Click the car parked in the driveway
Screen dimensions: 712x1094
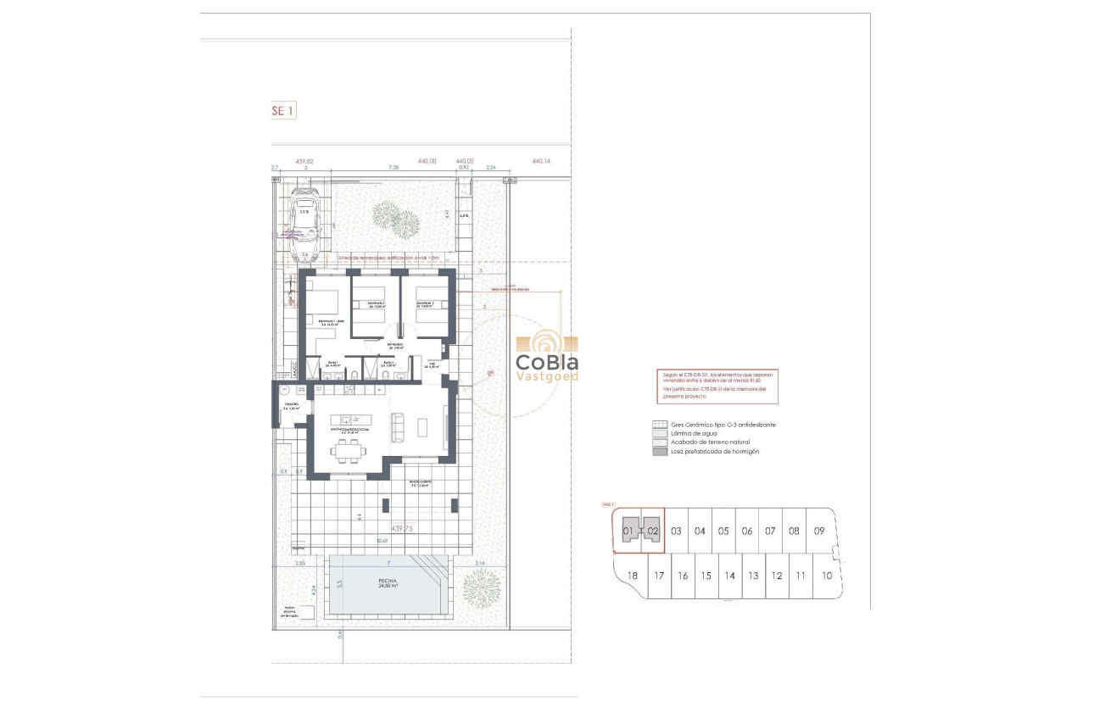click(304, 224)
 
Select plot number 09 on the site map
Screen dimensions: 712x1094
click(818, 531)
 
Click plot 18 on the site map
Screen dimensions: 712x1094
click(632, 576)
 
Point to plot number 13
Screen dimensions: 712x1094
click(752, 576)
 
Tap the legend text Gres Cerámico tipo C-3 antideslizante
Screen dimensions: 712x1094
click(723, 425)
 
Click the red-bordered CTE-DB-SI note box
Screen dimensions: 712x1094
click(717, 387)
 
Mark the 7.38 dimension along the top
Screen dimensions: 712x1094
click(393, 168)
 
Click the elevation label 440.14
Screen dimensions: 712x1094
click(540, 161)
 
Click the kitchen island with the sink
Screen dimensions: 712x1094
click(348, 420)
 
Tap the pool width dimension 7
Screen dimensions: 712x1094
click(388, 563)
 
